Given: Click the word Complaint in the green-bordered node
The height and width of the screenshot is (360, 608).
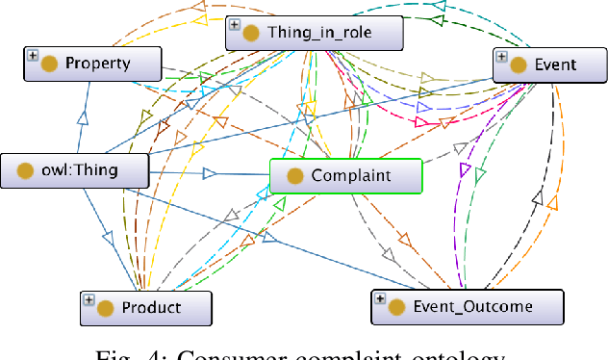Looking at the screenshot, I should tap(350, 176).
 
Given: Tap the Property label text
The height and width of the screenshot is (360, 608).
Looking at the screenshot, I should tap(97, 64).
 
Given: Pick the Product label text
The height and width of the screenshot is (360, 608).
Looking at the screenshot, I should tap(151, 308).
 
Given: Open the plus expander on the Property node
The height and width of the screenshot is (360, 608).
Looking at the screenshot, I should tap(32, 57).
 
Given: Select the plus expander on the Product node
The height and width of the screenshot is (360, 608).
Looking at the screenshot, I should tap(88, 299).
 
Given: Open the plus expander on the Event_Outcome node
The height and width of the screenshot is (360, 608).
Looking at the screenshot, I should tap(379, 299).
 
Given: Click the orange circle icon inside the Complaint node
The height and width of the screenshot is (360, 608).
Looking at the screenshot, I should tap(294, 176).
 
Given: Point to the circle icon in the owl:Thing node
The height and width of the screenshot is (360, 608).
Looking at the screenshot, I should tap(20, 172).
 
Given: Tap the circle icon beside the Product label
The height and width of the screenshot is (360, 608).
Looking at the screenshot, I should tap(106, 308).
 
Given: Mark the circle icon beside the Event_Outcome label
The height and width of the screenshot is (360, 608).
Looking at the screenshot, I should tap(396, 307).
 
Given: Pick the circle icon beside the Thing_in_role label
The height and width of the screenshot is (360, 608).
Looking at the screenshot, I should tap(252, 34).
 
